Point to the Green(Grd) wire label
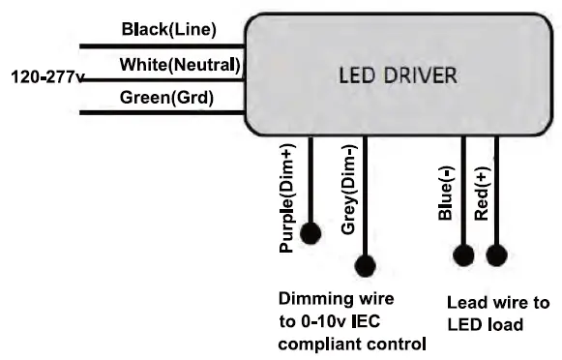pyautogui.click(x=166, y=97)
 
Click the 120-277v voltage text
pyautogui.click(x=44, y=75)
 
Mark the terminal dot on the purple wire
pyautogui.click(x=311, y=233)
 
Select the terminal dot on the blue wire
pyautogui.click(x=463, y=255)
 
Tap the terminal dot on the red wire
pyautogui.click(x=496, y=255)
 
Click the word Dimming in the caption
pyautogui.click(x=311, y=299)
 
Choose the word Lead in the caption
pyautogui.click(x=467, y=303)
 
